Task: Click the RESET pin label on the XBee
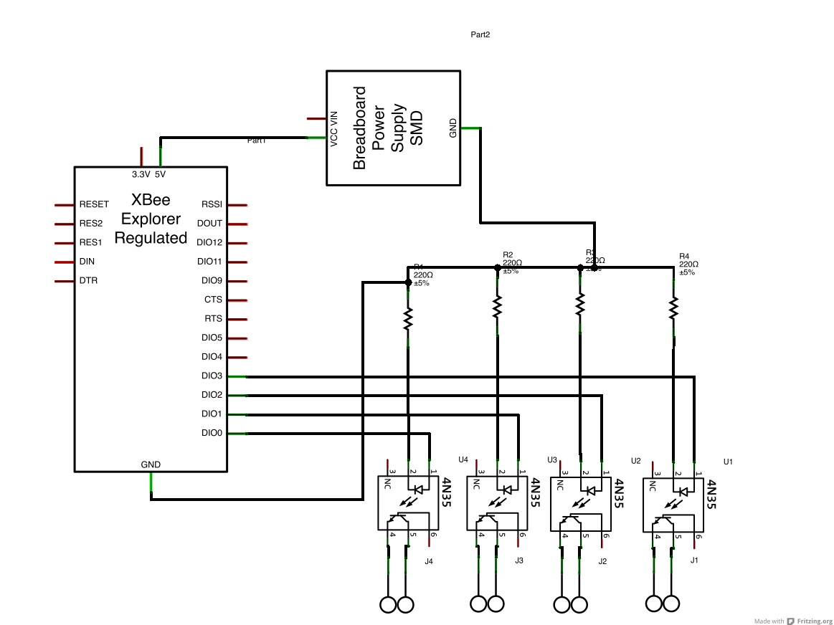[x=94, y=204]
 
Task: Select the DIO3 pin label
[x=212, y=376]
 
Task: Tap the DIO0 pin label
[x=212, y=433]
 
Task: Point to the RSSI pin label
[x=212, y=204]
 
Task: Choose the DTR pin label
[x=88, y=281]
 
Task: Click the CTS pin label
[x=213, y=300]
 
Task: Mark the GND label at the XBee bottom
[x=151, y=464]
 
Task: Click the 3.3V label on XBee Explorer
[x=141, y=174]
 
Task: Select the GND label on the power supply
[x=452, y=128]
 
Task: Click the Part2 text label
[x=480, y=34]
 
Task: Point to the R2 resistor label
[x=508, y=254]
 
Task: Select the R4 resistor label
[x=683, y=256]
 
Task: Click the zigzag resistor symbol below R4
[x=673, y=309]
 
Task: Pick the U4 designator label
[x=463, y=459]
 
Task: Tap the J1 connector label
[x=693, y=560]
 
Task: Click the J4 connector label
[x=428, y=561]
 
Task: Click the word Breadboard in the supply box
[x=359, y=128]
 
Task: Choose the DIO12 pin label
[x=209, y=242]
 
